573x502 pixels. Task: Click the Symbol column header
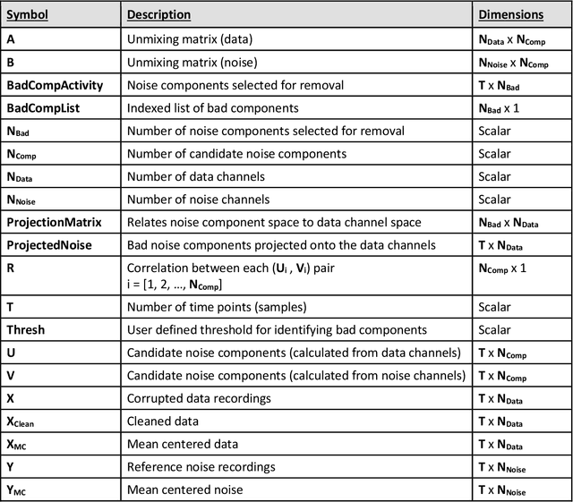coord(29,15)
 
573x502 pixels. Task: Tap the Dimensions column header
coord(511,15)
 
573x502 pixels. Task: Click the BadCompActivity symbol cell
coord(55,85)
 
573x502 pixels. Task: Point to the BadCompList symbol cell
coord(44,107)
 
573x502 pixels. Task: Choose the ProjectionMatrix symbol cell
coord(54,222)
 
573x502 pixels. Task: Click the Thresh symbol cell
coord(26,329)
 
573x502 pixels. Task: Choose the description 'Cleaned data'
coord(163,420)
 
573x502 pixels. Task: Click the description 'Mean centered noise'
coord(183,489)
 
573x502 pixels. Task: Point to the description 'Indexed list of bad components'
coord(212,107)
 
